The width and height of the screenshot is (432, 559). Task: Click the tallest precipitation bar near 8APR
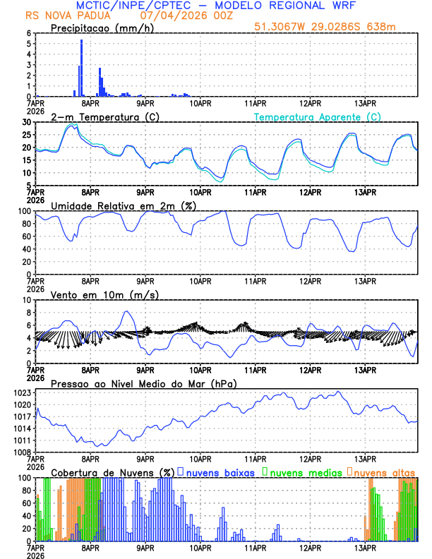(x=81, y=68)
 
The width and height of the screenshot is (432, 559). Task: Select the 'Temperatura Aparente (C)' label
(x=318, y=116)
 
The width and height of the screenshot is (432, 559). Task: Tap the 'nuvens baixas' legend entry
(x=215, y=471)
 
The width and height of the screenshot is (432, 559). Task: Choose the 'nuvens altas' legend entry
(x=382, y=471)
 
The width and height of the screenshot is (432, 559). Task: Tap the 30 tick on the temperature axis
(x=27, y=122)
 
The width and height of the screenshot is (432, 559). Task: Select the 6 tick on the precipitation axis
(x=29, y=33)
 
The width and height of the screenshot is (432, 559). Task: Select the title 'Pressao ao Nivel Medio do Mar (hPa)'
(x=143, y=383)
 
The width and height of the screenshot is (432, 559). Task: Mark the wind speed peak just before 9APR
(x=127, y=311)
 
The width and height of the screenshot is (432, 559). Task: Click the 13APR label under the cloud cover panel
(x=365, y=548)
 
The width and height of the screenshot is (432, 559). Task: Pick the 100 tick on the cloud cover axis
(x=25, y=478)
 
